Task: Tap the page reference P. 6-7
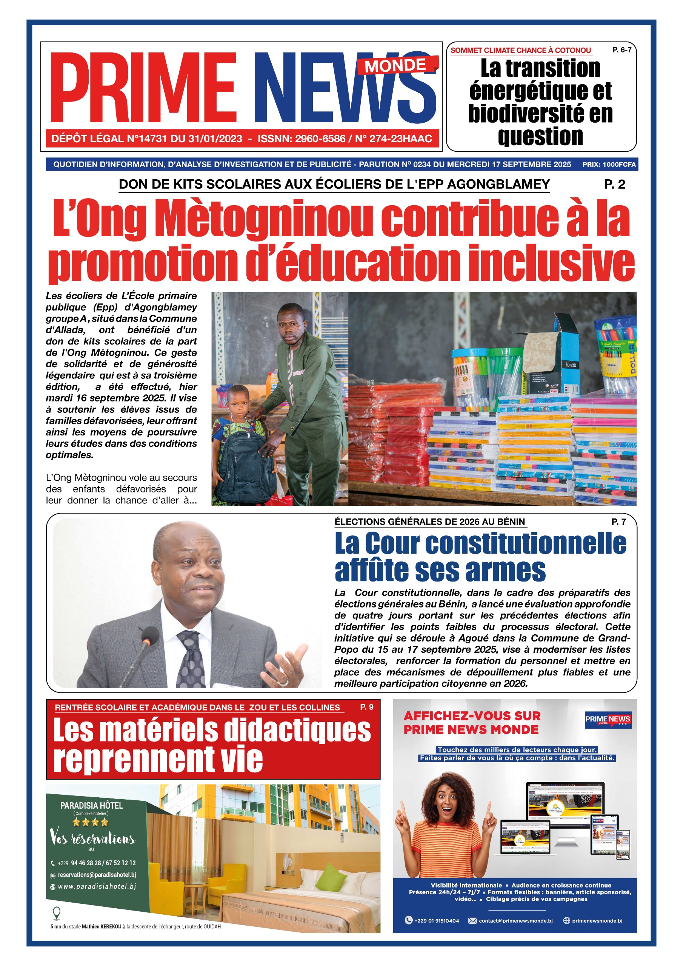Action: pos(621,50)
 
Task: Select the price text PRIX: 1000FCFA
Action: pos(609,165)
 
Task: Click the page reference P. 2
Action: pos(614,184)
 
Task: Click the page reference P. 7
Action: pos(618,522)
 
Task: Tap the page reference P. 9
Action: pos(366,707)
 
